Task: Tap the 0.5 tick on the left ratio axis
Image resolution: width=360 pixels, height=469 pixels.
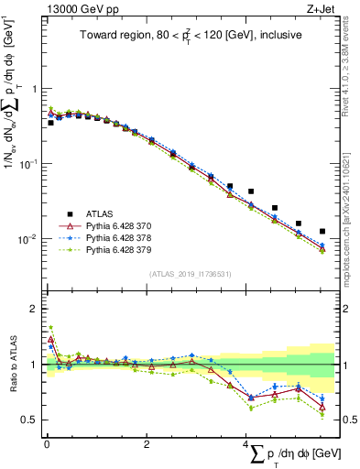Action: point(32,420)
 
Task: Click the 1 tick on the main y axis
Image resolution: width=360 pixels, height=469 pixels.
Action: point(35,89)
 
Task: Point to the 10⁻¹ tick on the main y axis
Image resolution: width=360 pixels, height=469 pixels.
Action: point(30,164)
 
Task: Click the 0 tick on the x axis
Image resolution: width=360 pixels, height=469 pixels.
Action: point(47,444)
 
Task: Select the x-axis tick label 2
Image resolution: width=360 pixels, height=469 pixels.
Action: point(147,444)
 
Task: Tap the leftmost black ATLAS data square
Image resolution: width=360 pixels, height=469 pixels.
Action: point(50,122)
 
